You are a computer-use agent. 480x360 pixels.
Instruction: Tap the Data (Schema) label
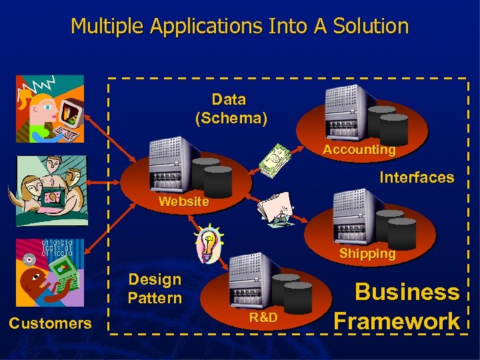[230, 109]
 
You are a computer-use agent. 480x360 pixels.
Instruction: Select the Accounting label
[359, 150]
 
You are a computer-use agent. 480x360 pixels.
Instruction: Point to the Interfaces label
[417, 177]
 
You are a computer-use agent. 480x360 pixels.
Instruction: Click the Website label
[183, 201]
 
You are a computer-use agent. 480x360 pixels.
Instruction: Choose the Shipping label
[367, 253]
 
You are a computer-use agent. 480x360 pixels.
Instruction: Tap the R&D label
[263, 317]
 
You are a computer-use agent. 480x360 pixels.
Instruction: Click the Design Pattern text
[155, 289]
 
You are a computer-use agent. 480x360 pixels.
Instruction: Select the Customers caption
[50, 323]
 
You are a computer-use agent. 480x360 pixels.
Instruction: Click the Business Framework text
[398, 306]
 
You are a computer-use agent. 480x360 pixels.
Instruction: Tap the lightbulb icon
[209, 244]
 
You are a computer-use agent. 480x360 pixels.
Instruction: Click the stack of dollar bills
[275, 161]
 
